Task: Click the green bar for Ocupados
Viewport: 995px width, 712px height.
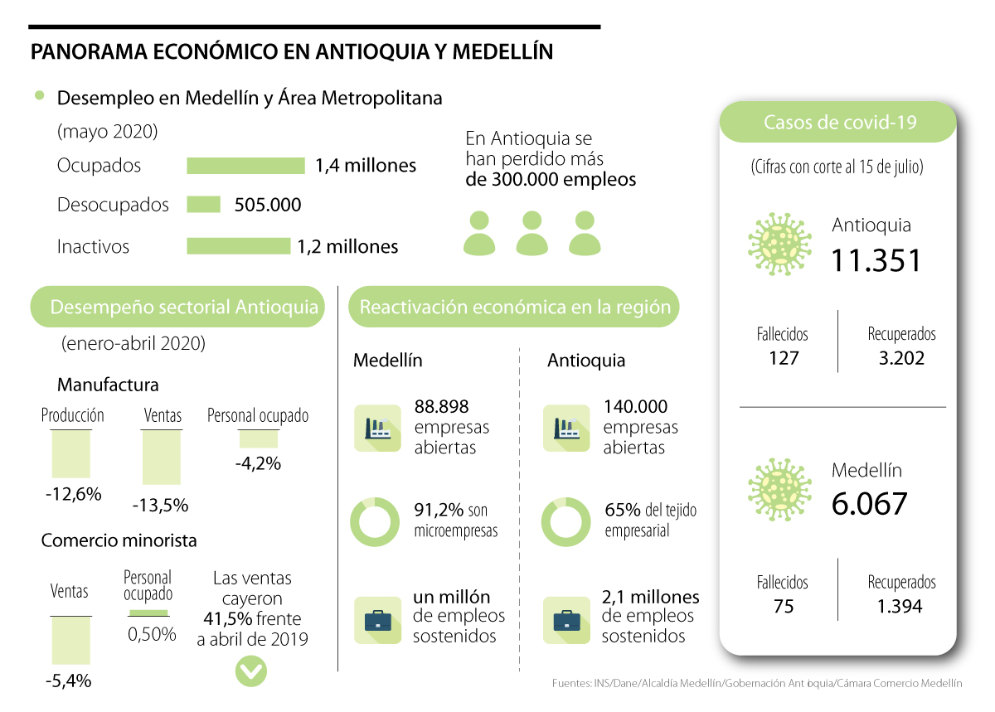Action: click(245, 166)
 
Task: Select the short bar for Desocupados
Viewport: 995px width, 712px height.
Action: click(204, 205)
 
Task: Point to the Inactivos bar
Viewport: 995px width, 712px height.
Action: click(238, 246)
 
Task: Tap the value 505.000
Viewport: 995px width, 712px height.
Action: click(268, 205)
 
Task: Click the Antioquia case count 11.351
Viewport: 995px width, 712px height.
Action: click(876, 260)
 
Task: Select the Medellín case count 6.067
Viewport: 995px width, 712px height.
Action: click(870, 503)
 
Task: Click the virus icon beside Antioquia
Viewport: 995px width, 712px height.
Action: click(779, 245)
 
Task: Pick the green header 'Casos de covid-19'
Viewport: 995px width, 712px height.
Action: click(839, 123)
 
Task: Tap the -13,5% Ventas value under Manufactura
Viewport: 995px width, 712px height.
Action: click(161, 505)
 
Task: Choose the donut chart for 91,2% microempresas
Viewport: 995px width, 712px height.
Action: click(376, 521)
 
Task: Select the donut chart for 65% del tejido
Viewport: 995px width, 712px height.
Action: click(565, 521)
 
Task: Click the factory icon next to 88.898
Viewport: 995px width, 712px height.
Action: click(377, 428)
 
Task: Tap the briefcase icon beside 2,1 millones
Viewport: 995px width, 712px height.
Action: click(566, 620)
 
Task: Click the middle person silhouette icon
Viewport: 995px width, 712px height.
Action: click(531, 233)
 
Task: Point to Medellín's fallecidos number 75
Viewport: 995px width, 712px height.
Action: click(783, 607)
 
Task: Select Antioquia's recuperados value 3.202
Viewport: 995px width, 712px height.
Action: click(901, 358)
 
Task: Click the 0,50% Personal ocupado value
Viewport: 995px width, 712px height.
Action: click(152, 634)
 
